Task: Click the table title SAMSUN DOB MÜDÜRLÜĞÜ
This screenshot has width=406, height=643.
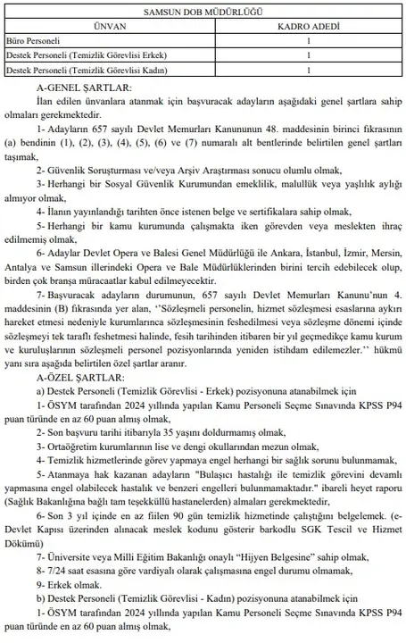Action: pyautogui.click(x=202, y=13)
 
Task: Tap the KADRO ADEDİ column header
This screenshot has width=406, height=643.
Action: pyautogui.click(x=308, y=27)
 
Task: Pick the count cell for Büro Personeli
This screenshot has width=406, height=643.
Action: pyautogui.click(x=308, y=41)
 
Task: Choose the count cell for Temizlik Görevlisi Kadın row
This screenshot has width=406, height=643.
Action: pyautogui.click(x=308, y=70)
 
